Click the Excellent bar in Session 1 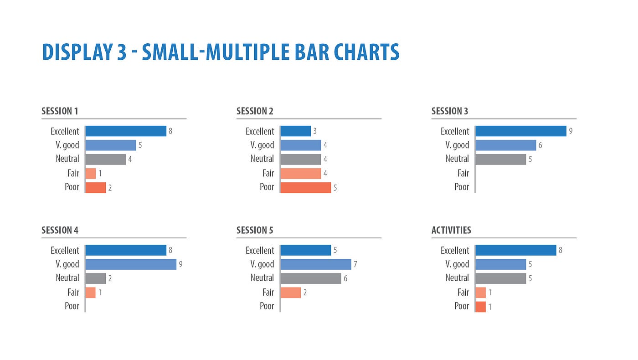(x=126, y=131)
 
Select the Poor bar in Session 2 (x=305, y=187)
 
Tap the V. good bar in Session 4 (x=131, y=264)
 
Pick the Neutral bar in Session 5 (x=311, y=278)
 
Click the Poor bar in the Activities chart (x=480, y=307)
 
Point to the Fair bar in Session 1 (x=91, y=174)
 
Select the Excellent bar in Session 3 (x=521, y=131)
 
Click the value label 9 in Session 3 (x=571, y=131)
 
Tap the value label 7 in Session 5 (x=355, y=264)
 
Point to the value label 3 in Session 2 (x=315, y=131)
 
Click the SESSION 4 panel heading (x=60, y=230)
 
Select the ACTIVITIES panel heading (x=451, y=230)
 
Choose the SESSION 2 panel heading (x=255, y=111)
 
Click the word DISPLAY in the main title (x=75, y=52)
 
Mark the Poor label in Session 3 (x=462, y=187)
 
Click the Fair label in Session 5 (x=268, y=292)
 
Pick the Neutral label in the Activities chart (x=457, y=278)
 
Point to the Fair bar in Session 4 (x=91, y=293)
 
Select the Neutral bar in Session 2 (x=301, y=159)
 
